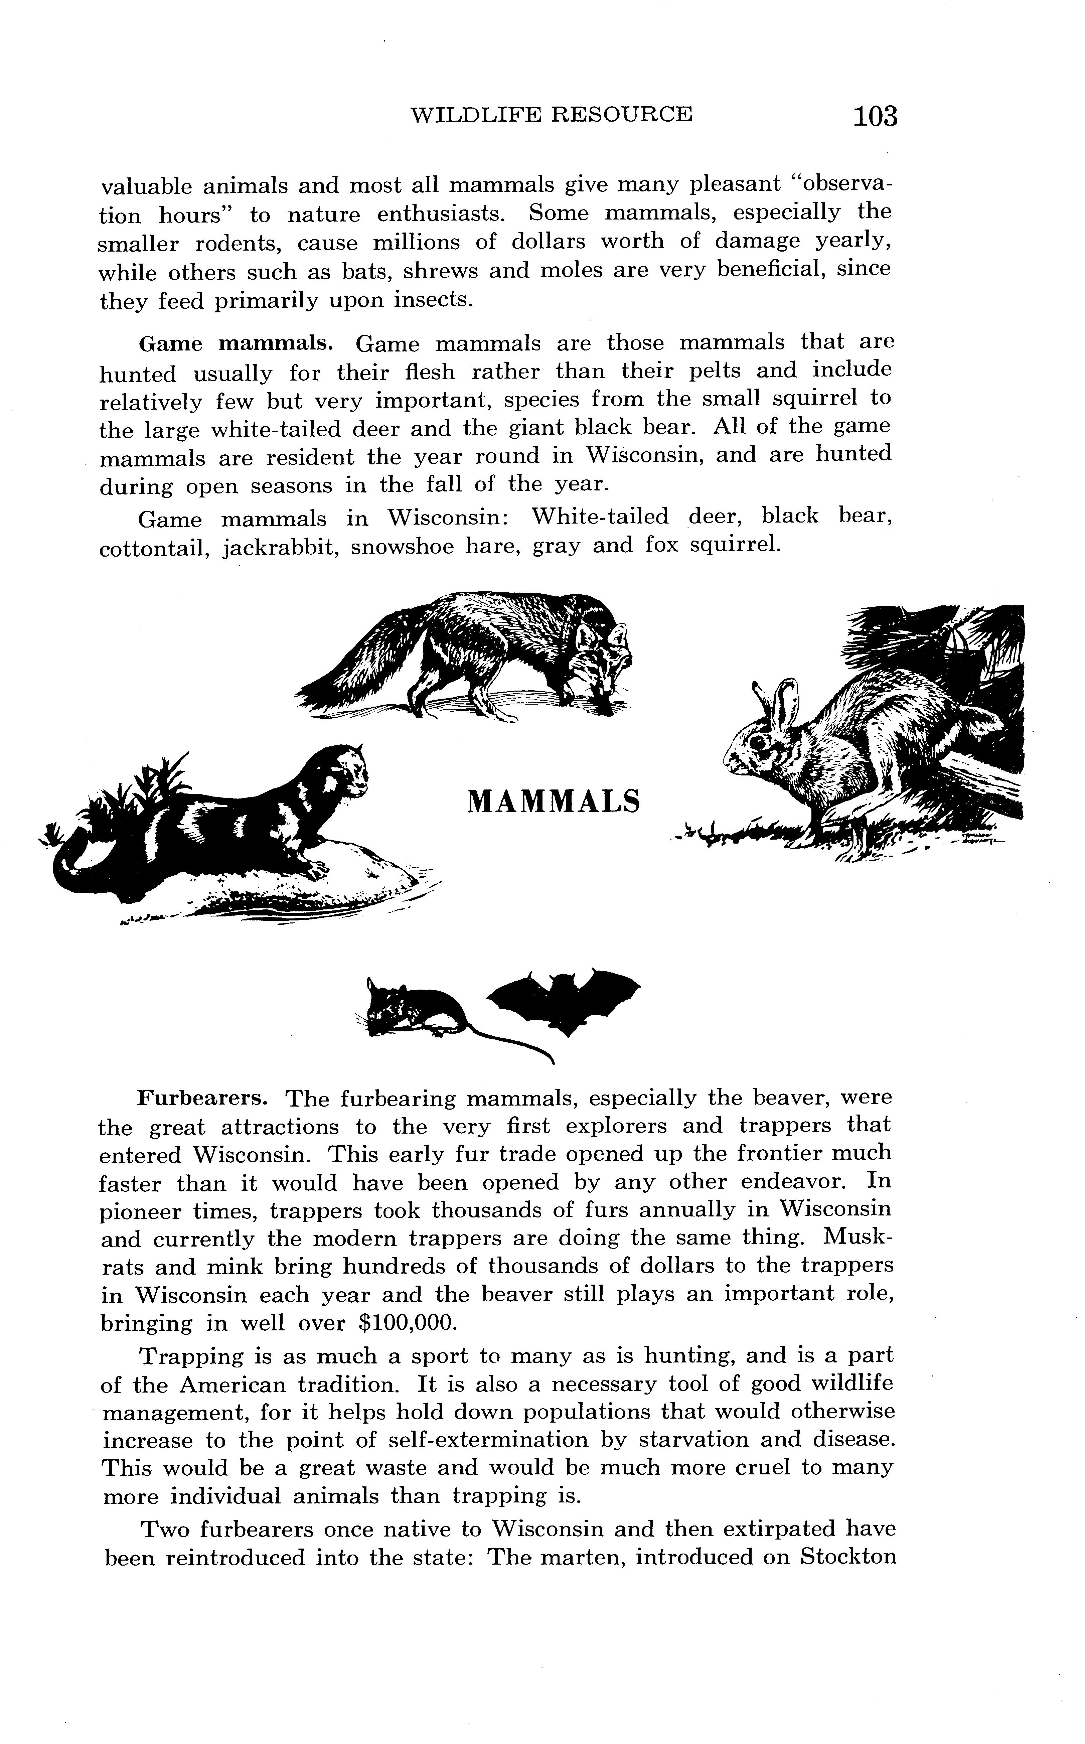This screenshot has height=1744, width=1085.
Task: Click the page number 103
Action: point(875,116)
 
